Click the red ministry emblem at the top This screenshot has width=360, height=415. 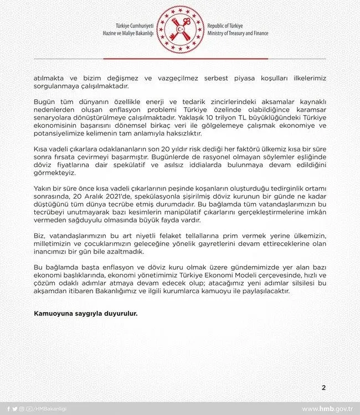pos(179,29)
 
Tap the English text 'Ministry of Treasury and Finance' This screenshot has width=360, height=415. pos(238,34)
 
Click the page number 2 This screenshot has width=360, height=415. pos(323,387)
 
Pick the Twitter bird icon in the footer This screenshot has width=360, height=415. pos(14,409)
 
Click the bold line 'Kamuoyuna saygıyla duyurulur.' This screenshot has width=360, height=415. pos(86,314)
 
